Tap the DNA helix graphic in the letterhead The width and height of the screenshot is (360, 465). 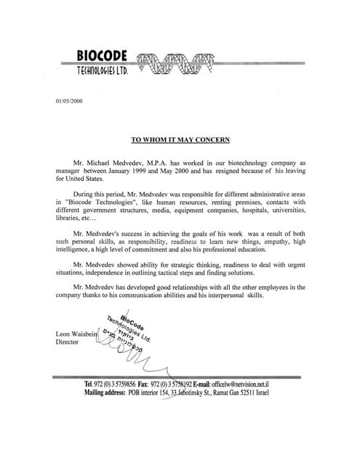coord(172,65)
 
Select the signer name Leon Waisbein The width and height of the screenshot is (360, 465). coord(76,333)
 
